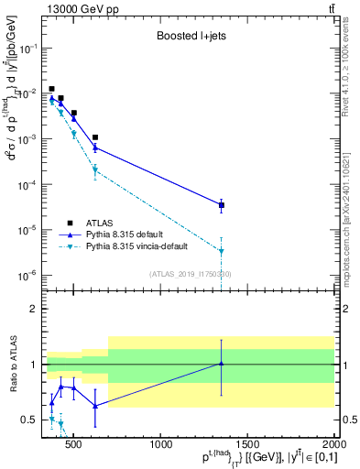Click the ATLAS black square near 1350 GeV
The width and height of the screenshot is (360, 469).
point(222,205)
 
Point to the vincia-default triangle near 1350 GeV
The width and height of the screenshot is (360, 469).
point(222,251)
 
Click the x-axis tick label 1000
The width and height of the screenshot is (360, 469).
point(161,445)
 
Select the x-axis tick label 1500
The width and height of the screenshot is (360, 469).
point(247,445)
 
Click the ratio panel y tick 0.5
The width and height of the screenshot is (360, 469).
point(30,420)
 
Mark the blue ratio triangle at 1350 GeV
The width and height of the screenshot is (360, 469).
point(222,364)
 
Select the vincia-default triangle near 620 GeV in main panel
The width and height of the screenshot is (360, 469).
point(95,169)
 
